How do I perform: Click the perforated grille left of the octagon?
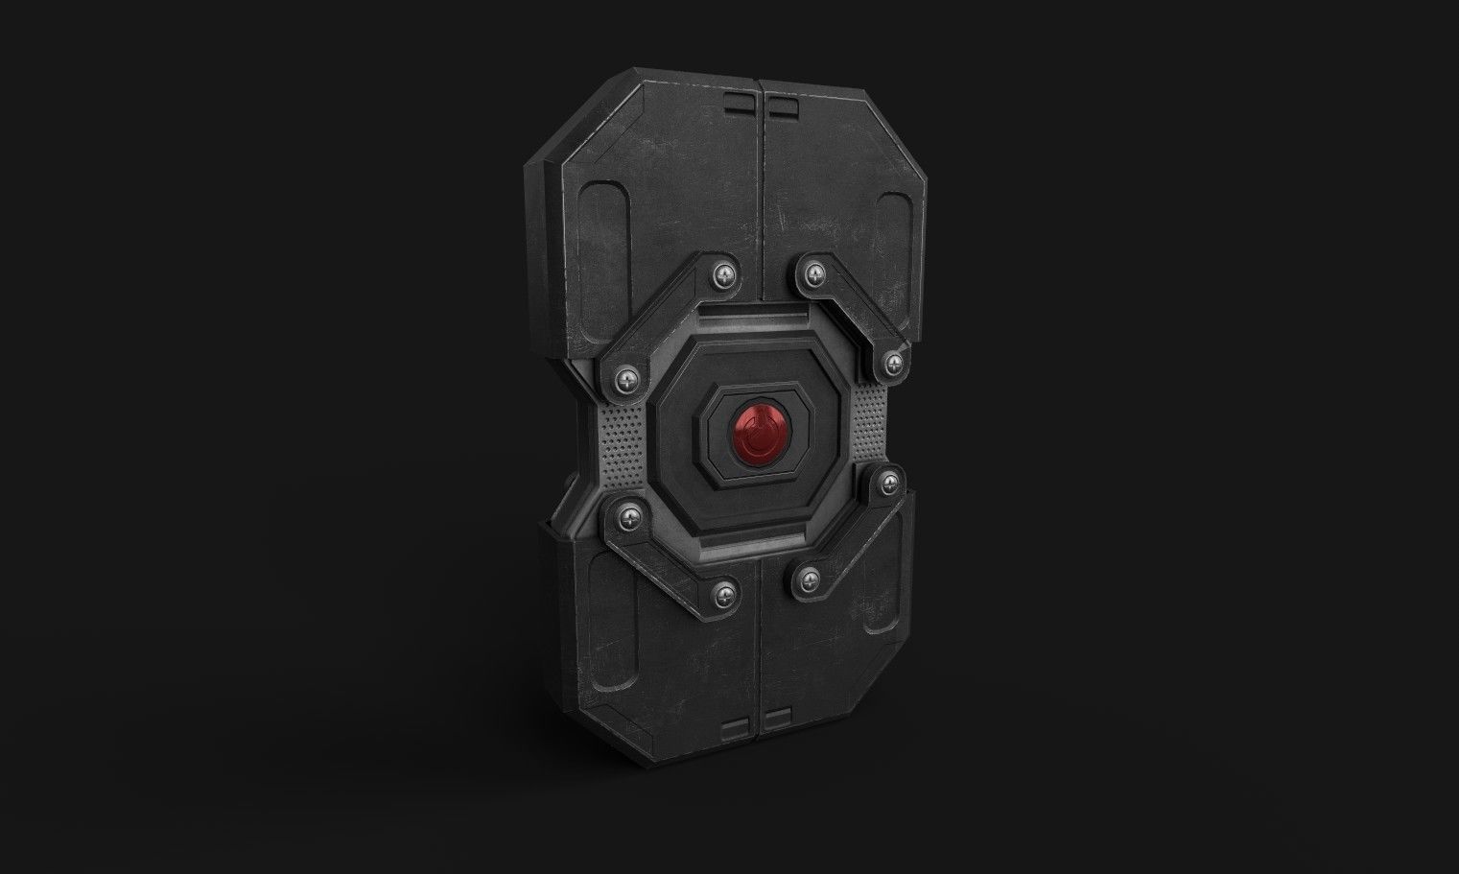coord(624,448)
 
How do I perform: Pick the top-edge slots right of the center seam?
coord(783,106)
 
